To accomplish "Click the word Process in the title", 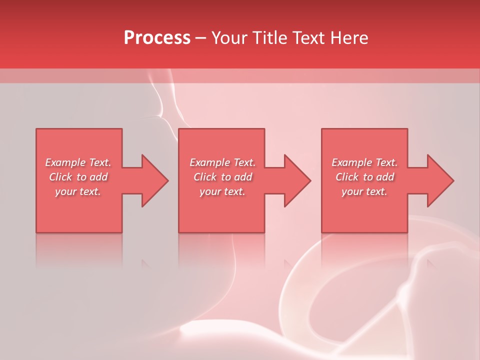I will coord(157,38).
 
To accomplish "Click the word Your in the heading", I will coord(229,38).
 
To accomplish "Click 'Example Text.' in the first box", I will coord(78,162).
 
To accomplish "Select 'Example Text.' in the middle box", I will coord(222,162).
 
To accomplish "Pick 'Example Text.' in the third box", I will coord(364,162).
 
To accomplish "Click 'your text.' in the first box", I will coord(78,191).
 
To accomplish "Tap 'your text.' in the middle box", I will coord(222,191).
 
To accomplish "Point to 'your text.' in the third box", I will coord(364,191).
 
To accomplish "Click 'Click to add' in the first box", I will coord(78,177).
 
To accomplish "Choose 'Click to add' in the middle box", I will coord(222,177).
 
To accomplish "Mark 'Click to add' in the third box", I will coord(364,177).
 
